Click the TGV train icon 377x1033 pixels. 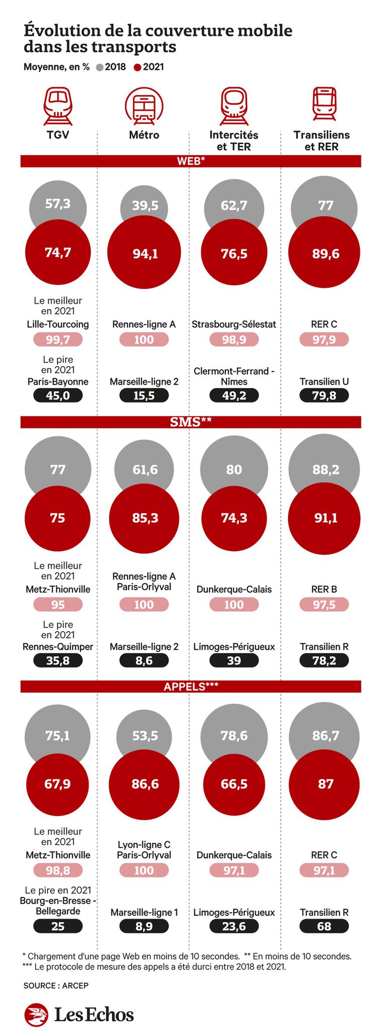point(58,106)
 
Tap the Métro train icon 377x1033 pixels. point(144,106)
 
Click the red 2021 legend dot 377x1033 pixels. point(138,67)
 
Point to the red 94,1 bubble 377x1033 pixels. point(145,254)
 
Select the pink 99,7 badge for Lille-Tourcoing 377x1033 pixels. point(58,340)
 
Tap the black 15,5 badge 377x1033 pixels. point(144,396)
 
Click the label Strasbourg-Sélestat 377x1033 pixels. point(234,324)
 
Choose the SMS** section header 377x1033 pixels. point(191,422)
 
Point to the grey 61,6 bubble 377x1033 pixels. point(145,469)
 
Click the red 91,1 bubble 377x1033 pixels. point(325,518)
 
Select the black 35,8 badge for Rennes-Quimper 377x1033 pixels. point(58,660)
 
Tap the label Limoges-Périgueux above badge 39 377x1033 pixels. point(234,647)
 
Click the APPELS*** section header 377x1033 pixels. point(191,686)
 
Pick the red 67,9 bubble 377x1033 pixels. point(58,784)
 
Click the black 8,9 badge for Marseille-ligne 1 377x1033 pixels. point(144,926)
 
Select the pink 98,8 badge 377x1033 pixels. point(58,870)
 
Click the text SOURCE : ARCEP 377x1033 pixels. point(56,985)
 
